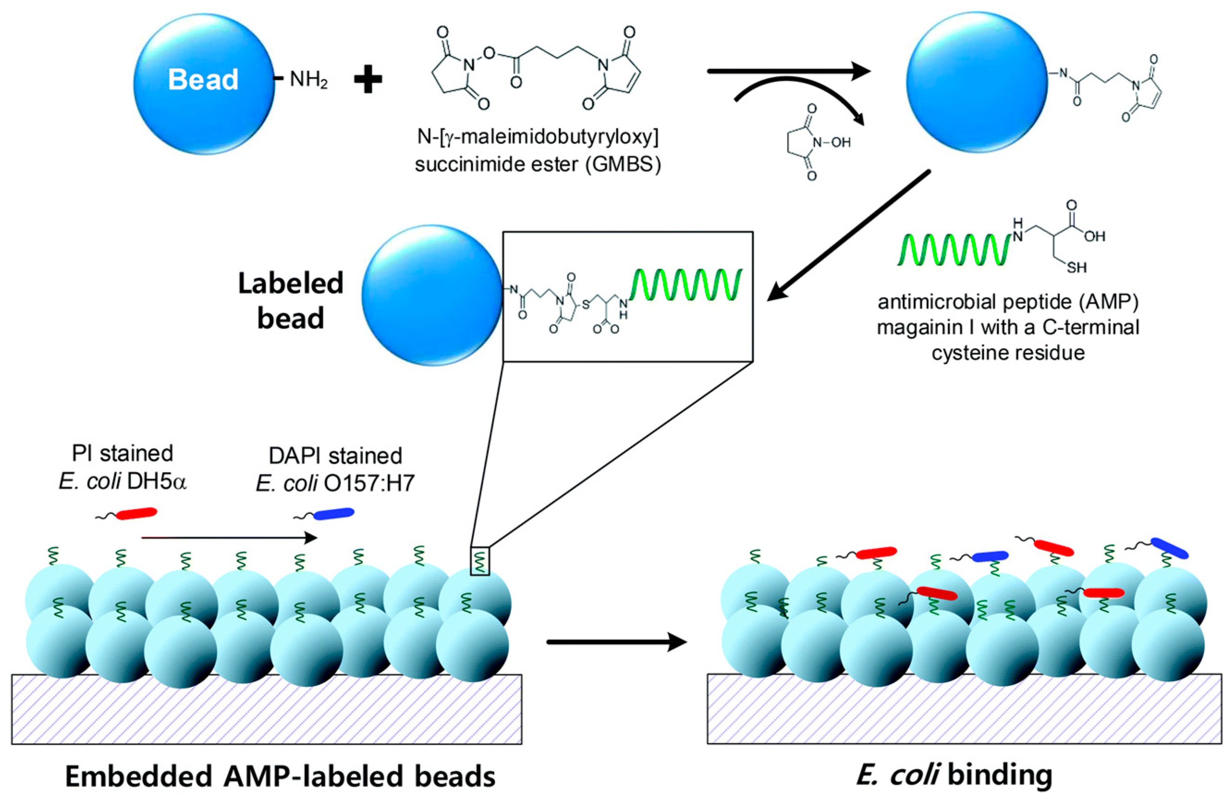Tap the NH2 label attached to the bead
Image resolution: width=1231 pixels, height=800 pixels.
309,80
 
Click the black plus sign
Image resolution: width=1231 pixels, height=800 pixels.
368,81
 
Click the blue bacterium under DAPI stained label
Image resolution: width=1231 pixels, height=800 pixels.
334,513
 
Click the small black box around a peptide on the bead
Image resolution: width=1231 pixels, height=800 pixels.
480,561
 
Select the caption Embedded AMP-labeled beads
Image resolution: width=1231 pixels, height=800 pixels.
280,776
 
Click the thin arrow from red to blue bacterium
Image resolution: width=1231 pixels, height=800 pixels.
228,538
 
